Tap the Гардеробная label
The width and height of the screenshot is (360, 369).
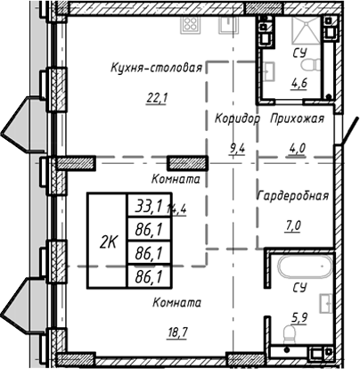tap(292, 196)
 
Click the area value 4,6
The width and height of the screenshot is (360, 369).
tap(299, 86)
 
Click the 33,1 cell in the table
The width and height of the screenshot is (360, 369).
tap(143, 208)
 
